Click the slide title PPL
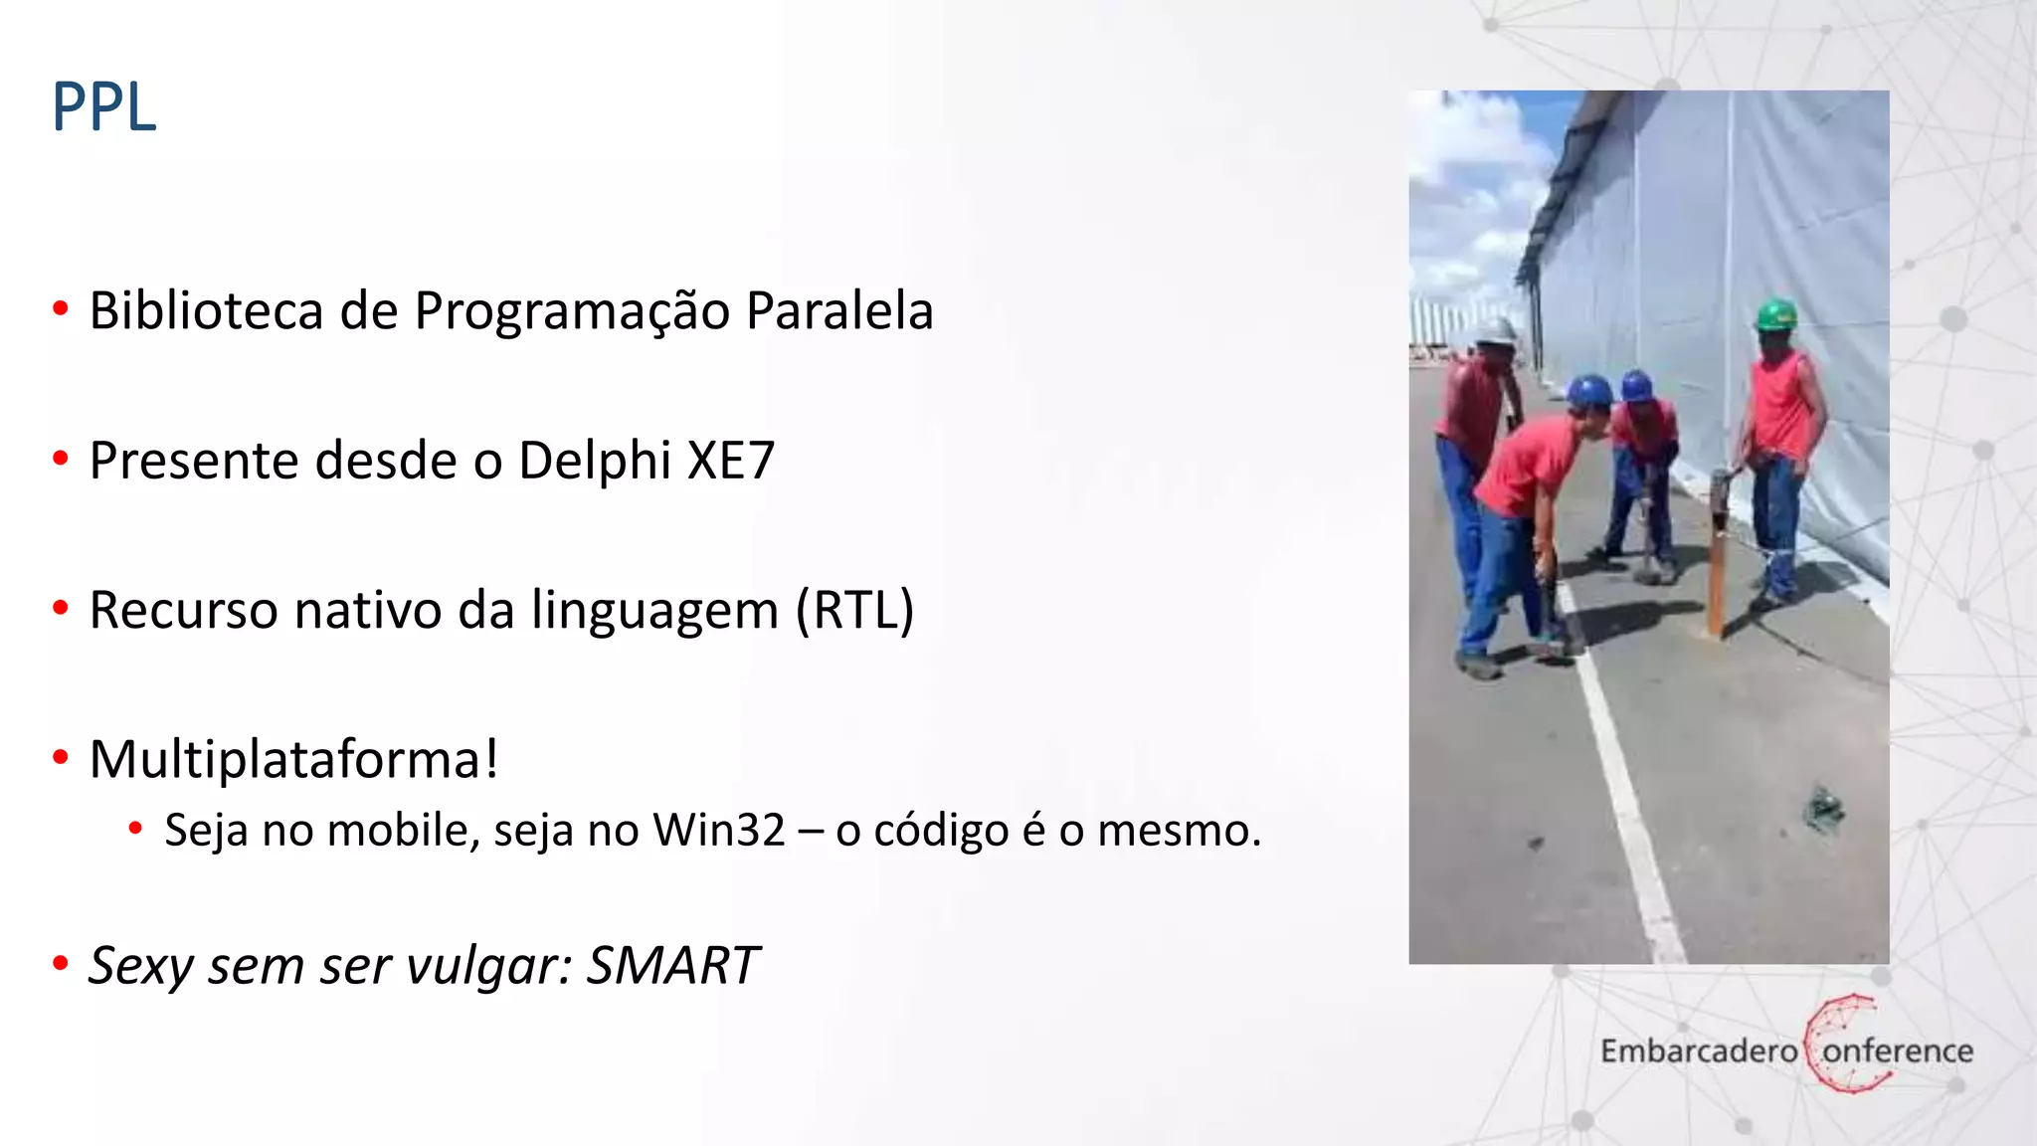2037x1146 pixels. [104, 107]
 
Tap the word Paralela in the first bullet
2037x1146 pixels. [839, 310]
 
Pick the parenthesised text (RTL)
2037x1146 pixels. [854, 610]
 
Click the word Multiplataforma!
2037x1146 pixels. [293, 760]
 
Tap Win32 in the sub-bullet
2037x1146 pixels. [718, 830]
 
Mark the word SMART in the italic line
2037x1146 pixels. [672, 965]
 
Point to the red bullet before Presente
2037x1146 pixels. [61, 460]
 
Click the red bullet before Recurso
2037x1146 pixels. [61, 608]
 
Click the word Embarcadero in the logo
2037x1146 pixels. [1699, 1050]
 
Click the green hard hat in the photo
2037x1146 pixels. [1775, 314]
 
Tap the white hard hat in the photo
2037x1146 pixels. [1495, 332]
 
